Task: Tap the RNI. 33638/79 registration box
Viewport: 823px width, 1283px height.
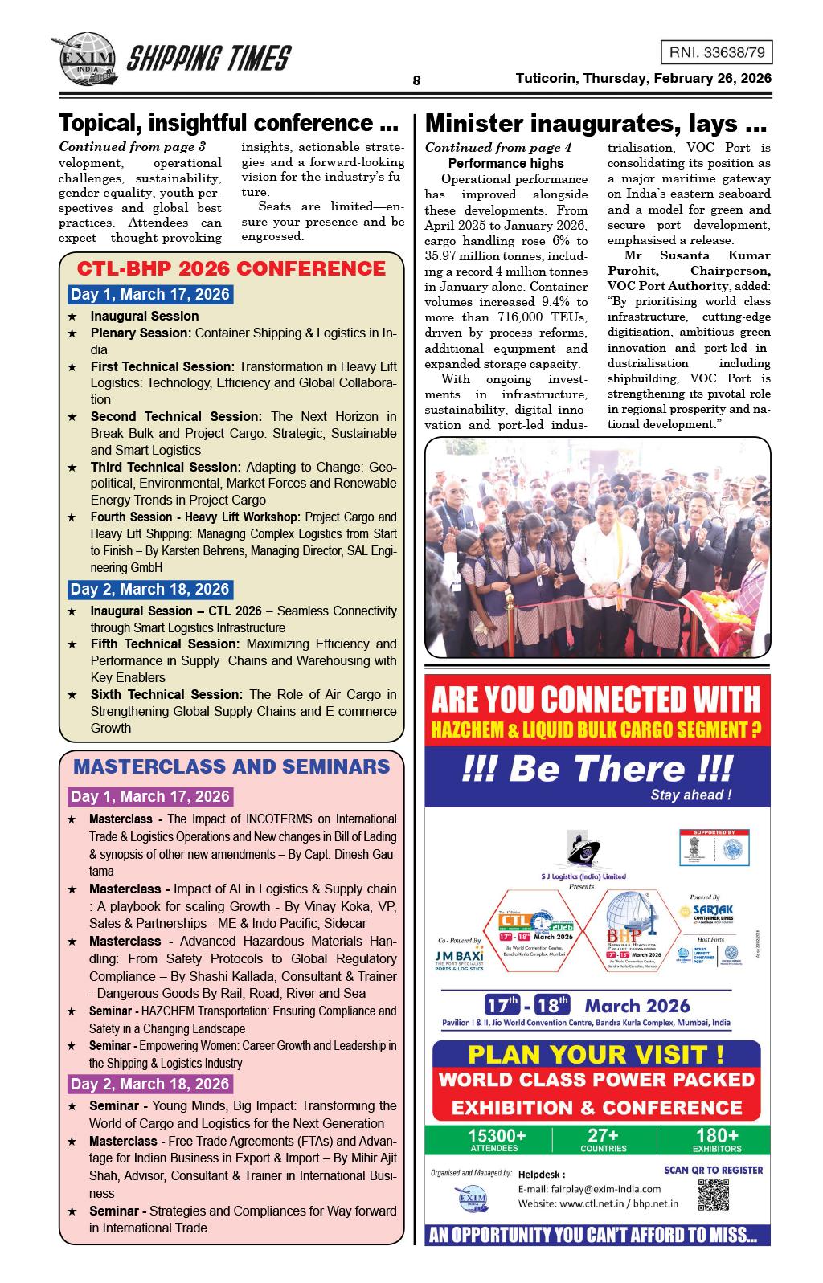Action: pos(715,53)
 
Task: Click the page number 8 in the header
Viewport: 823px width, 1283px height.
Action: pos(416,80)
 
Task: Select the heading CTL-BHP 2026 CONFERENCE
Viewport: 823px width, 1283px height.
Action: pos(231,268)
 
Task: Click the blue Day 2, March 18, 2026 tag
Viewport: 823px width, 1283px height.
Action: pos(150,590)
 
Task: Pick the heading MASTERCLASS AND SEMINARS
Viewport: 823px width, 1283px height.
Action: pos(231,766)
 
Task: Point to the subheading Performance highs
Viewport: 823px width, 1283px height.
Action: pos(506,163)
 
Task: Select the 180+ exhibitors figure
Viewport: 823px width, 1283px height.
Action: pos(717,1139)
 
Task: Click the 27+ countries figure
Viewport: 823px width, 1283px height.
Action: pos(603,1139)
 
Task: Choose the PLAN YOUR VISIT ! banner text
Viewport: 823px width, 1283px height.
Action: pos(596,1054)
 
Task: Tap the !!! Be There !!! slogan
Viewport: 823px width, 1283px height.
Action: pos(597,769)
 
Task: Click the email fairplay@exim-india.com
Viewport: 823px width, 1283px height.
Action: pos(589,1189)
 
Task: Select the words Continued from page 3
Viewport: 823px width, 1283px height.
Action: pos(132,147)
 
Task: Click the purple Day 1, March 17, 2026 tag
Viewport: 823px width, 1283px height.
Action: pos(150,797)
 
